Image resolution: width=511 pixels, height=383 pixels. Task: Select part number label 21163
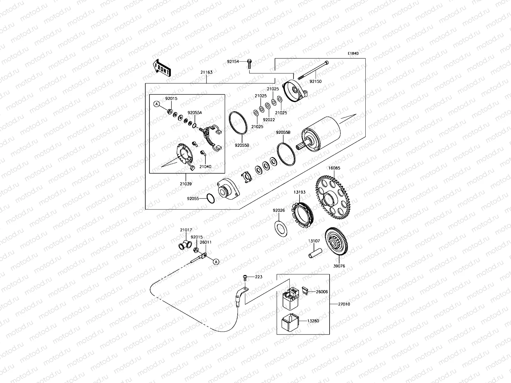[x=206, y=72]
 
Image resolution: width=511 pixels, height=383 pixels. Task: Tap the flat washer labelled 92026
[x=281, y=228]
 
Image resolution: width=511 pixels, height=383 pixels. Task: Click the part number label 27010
[x=344, y=304]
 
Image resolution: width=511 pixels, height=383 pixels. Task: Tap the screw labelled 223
[x=245, y=277]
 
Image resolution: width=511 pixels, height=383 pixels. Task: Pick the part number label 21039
[x=186, y=184]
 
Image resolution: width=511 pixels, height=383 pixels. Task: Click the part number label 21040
[x=205, y=167]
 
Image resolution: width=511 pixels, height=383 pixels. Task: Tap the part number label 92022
[x=269, y=120]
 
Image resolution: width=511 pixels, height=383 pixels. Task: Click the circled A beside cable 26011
[x=216, y=262]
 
